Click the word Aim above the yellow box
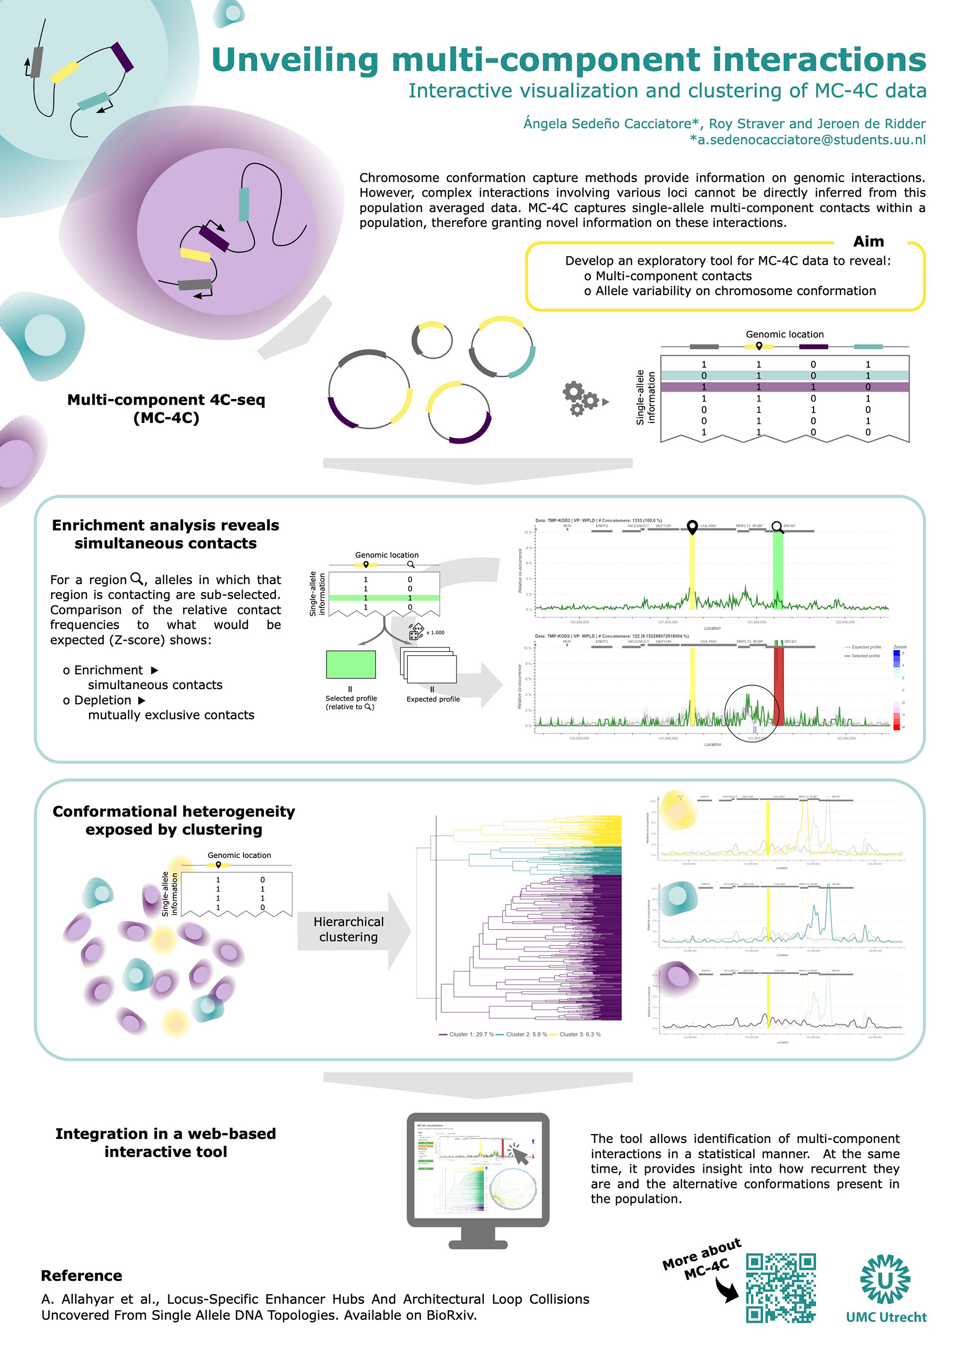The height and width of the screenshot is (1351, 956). [x=868, y=241]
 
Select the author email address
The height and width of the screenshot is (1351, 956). [x=808, y=139]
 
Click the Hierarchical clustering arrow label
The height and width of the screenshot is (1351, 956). [x=349, y=929]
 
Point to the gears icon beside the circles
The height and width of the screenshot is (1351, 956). [x=581, y=399]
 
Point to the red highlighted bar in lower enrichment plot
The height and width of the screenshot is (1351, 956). [x=778, y=686]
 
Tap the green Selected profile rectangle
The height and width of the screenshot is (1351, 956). [x=351, y=664]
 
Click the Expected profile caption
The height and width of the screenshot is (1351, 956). [x=433, y=699]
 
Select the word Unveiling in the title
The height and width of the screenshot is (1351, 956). [x=295, y=60]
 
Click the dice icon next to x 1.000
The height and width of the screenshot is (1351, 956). [x=416, y=632]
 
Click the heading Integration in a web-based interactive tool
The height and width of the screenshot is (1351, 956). [x=165, y=1142]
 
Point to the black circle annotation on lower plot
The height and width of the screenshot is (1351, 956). [x=752, y=713]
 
